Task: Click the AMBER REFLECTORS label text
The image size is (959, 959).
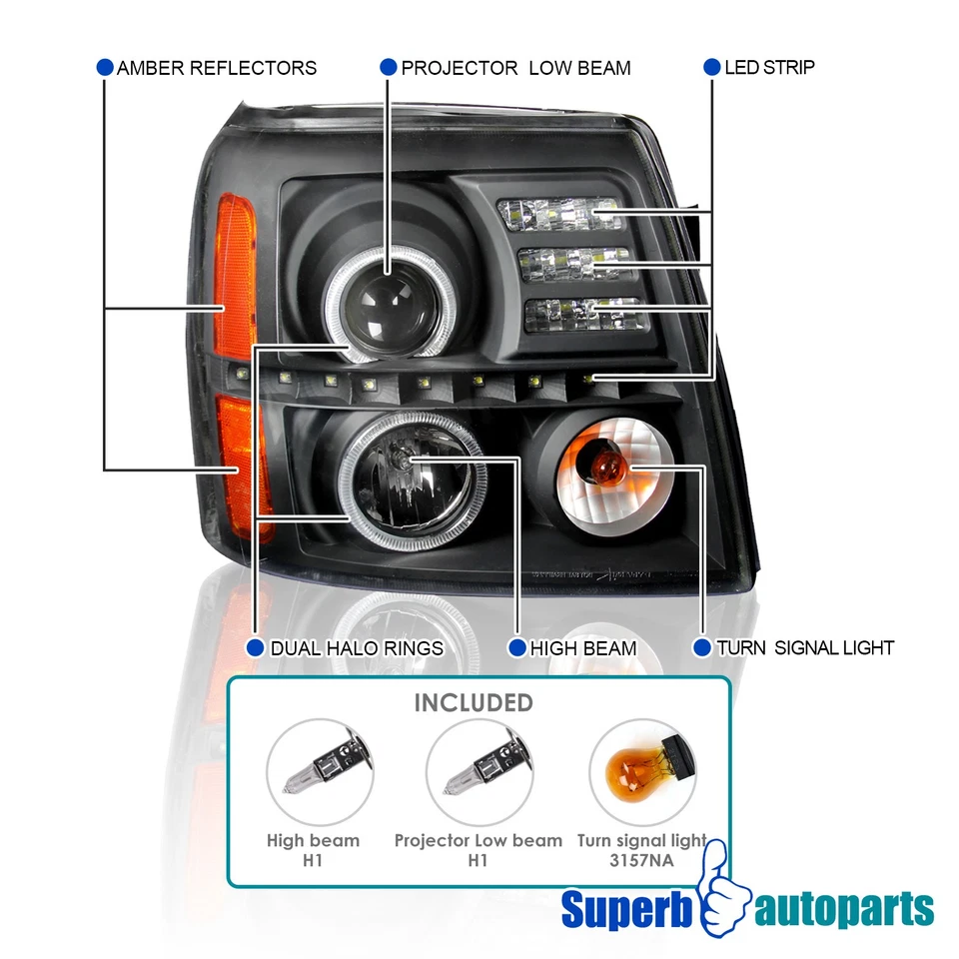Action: pos(216,68)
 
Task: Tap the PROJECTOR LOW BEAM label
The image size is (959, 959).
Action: pos(515,68)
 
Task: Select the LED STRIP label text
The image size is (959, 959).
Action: pos(769,68)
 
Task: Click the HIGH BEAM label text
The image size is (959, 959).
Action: pos(582,648)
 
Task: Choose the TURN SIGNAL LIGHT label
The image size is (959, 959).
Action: pos(804,648)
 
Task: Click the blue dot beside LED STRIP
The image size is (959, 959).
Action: pos(711,67)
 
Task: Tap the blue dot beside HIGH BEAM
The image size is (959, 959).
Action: pos(516,648)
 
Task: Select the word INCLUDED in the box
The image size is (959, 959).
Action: pos(474,702)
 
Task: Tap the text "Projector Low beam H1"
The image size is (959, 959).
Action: pos(478,850)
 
